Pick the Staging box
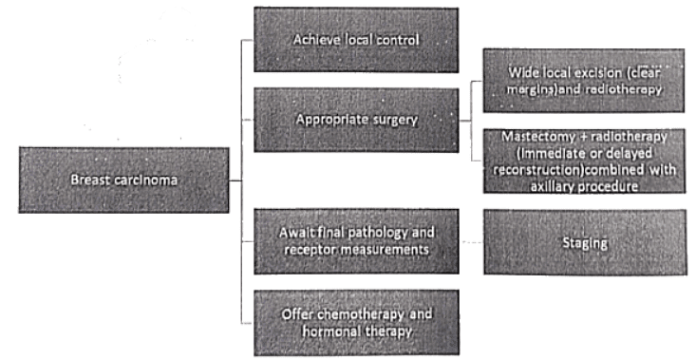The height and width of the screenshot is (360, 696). [584, 243]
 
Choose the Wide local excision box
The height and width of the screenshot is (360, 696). [584, 80]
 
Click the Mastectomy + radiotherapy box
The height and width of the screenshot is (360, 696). [584, 161]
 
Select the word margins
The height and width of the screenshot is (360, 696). [535, 88]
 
